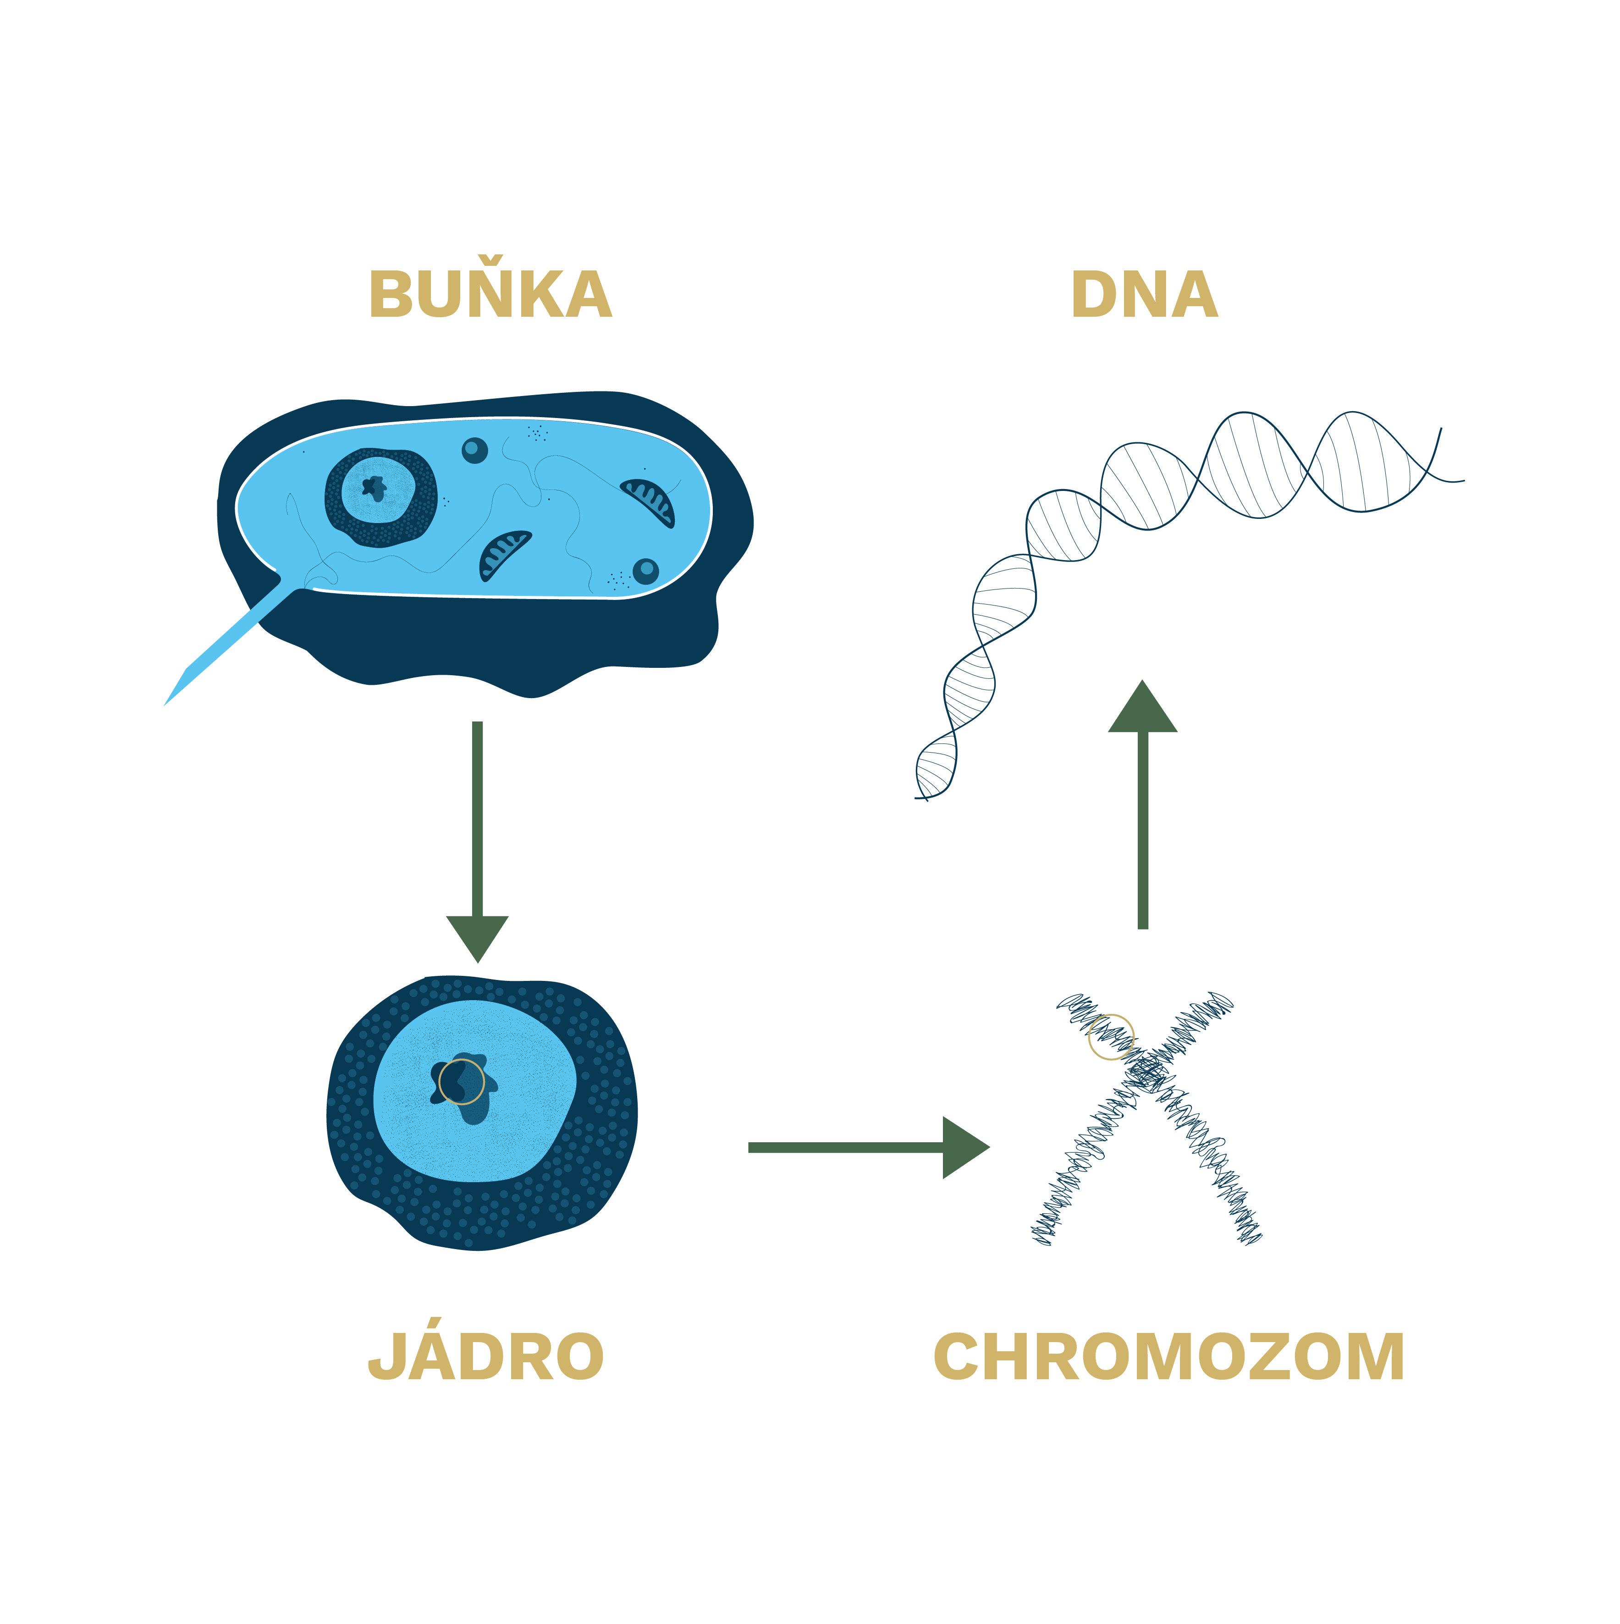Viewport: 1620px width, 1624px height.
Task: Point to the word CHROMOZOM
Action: [1168, 1357]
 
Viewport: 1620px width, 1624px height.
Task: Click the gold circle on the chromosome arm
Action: [1111, 1036]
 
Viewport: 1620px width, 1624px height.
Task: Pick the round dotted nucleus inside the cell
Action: [381, 497]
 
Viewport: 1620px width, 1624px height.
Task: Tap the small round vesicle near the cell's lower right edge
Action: [645, 571]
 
